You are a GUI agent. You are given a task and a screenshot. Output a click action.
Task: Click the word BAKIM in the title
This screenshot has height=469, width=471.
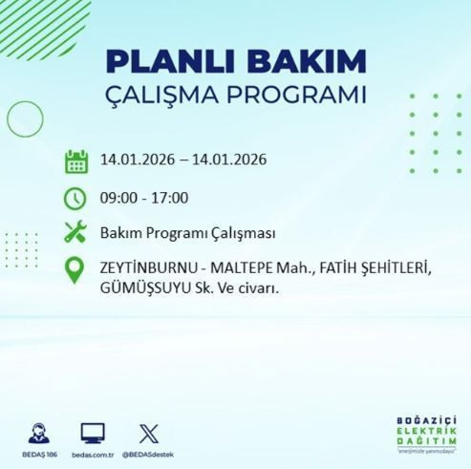click(x=306, y=62)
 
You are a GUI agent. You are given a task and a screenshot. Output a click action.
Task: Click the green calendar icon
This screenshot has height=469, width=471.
click(x=76, y=160)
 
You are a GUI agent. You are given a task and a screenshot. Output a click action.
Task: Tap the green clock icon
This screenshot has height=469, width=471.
click(x=76, y=199)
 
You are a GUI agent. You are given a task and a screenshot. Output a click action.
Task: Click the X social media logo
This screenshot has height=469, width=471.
click(x=147, y=432)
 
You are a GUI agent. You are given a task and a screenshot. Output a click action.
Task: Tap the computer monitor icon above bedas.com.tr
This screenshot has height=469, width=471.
click(x=93, y=432)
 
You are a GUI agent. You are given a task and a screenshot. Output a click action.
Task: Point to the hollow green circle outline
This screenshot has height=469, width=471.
click(x=24, y=118)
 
